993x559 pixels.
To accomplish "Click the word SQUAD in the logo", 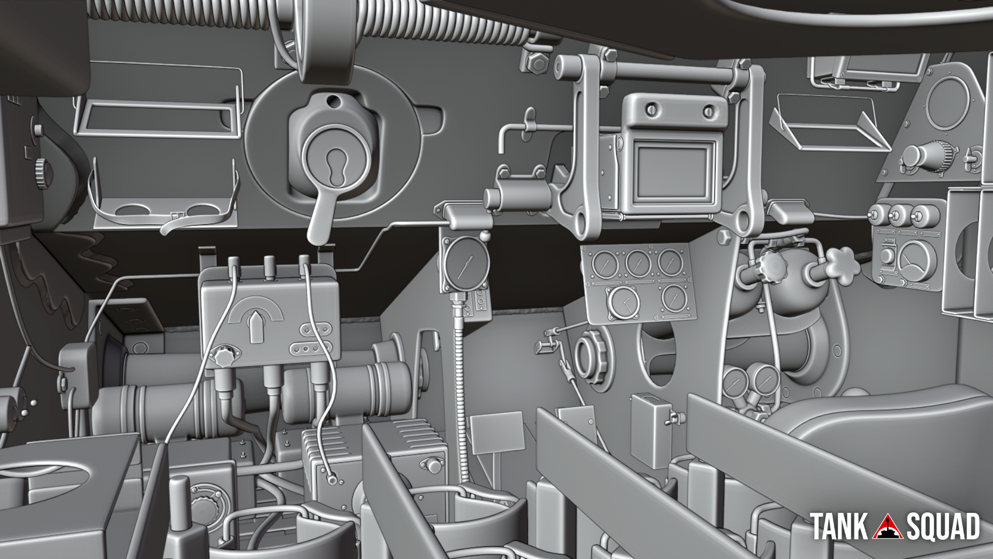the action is [x=942, y=526].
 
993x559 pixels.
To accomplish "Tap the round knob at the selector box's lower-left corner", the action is [x=224, y=357].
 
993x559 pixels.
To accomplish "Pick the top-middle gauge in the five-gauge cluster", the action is [x=638, y=263].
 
